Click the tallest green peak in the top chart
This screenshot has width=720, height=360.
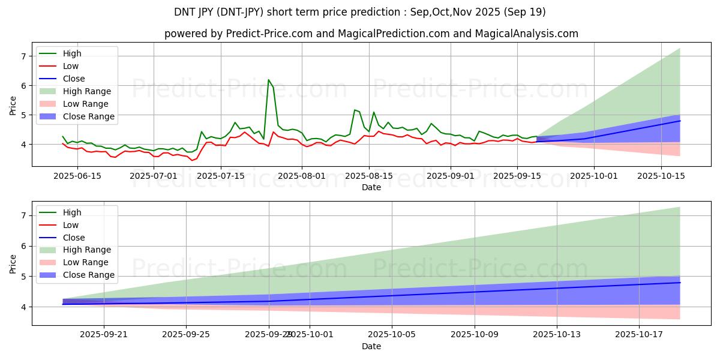[x=268, y=80]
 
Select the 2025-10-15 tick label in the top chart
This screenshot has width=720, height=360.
[x=661, y=176]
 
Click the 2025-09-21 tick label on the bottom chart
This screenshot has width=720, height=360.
[x=104, y=334]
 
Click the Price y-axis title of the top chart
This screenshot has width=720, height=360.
[x=13, y=105]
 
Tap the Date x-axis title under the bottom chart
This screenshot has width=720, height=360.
[x=371, y=346]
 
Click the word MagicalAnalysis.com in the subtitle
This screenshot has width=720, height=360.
[x=527, y=34]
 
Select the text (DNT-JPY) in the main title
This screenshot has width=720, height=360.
[x=261, y=12]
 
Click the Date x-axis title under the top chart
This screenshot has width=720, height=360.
[x=371, y=187]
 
